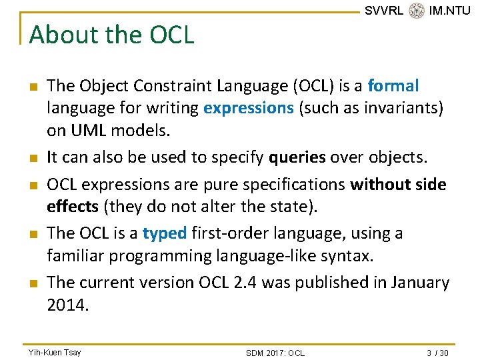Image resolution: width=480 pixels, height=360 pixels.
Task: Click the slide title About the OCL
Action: point(111,35)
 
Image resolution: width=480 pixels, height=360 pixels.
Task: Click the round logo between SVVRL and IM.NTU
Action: point(417,11)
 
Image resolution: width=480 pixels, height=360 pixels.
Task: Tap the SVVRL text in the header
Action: point(384,11)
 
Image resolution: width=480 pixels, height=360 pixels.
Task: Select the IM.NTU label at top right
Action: point(449,11)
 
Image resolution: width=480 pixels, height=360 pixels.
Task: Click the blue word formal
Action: point(393,86)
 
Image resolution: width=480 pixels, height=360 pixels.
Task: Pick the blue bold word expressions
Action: point(249,108)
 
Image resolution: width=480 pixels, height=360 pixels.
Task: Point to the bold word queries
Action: point(297,157)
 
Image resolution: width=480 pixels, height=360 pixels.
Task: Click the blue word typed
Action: point(165,233)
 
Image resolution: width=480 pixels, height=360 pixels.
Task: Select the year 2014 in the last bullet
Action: point(68,305)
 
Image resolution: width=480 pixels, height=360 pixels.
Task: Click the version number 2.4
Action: point(244,283)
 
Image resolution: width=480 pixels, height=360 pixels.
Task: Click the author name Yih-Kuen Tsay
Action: point(55,352)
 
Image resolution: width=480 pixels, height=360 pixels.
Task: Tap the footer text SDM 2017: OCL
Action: point(275,353)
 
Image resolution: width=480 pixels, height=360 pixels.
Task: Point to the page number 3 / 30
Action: point(435,353)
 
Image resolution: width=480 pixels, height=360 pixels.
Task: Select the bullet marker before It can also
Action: point(33,159)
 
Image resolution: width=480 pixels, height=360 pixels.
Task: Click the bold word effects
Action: point(72,207)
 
